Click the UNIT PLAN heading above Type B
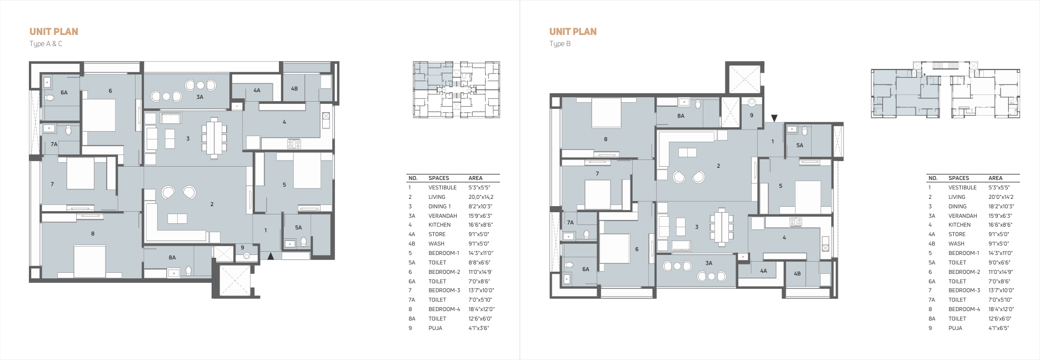coord(573,32)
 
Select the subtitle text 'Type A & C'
coord(46,44)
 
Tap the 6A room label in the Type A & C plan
coord(64,93)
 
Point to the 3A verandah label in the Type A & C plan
coord(200,97)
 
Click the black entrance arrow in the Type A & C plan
coord(271,256)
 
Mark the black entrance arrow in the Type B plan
coord(774,118)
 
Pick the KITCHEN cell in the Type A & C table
coord(439,225)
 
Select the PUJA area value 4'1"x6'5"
coord(998,328)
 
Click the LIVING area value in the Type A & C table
coord(481,197)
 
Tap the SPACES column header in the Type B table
coord(958,178)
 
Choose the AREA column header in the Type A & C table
coord(476,178)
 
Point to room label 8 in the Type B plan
coord(606,139)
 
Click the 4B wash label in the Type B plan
coord(797,273)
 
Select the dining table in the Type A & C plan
coord(214,138)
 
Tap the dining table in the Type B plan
coord(722,227)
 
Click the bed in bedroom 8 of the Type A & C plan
coord(89,261)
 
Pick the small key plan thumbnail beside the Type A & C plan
coord(456,89)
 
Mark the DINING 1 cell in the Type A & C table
coord(439,207)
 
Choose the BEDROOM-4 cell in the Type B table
coord(964,309)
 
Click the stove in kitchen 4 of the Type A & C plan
coord(294,144)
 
